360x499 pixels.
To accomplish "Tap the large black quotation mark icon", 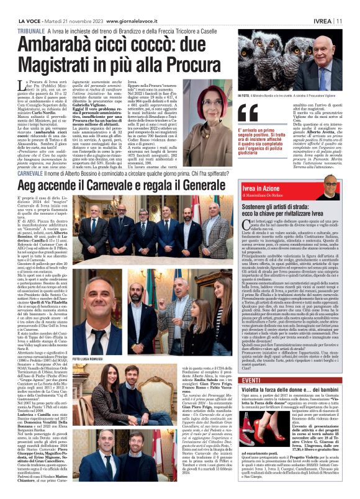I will pyautogui.click(x=249, y=111).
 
